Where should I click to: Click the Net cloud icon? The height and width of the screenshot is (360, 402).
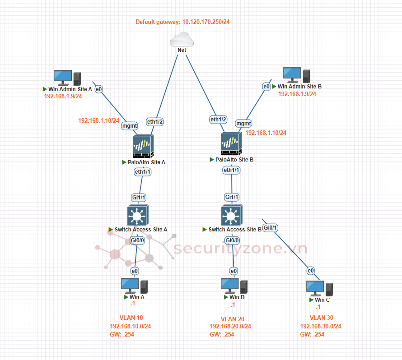[182, 40]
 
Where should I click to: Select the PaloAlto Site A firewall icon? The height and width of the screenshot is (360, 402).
[143, 146]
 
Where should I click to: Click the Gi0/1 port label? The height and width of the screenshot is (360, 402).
[270, 228]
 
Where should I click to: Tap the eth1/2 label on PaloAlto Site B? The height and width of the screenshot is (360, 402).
[219, 120]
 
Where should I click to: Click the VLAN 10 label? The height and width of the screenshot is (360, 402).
[131, 318]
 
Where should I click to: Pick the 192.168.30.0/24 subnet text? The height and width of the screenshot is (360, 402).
[320, 326]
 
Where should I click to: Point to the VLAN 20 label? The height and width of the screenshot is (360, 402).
[232, 319]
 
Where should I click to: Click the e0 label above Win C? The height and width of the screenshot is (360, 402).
[311, 271]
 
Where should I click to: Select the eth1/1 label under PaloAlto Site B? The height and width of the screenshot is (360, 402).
[232, 170]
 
